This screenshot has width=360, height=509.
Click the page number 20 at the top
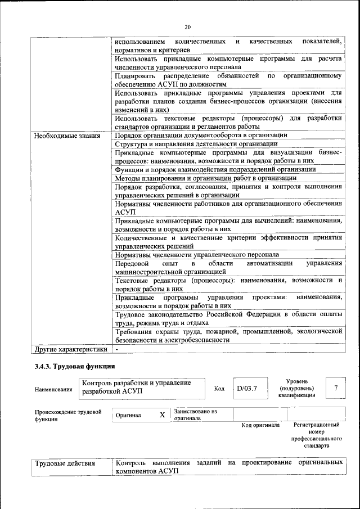point(188,26)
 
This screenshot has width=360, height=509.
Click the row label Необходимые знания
point(67,136)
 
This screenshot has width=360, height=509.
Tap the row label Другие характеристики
point(70,349)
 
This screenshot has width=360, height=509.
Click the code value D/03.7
point(246,388)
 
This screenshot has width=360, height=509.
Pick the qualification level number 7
point(336,388)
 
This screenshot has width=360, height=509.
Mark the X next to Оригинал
point(162,415)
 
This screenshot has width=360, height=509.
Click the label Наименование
point(53,389)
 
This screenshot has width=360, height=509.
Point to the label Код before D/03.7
point(219,389)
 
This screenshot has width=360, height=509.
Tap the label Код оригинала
point(260,425)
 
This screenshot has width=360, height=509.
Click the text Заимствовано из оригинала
point(196,415)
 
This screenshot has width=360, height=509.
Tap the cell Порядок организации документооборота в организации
point(201,136)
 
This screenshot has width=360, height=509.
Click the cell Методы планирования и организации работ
point(205,178)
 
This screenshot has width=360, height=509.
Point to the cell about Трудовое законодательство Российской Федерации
point(228,318)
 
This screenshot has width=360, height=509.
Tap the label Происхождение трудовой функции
point(68,416)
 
